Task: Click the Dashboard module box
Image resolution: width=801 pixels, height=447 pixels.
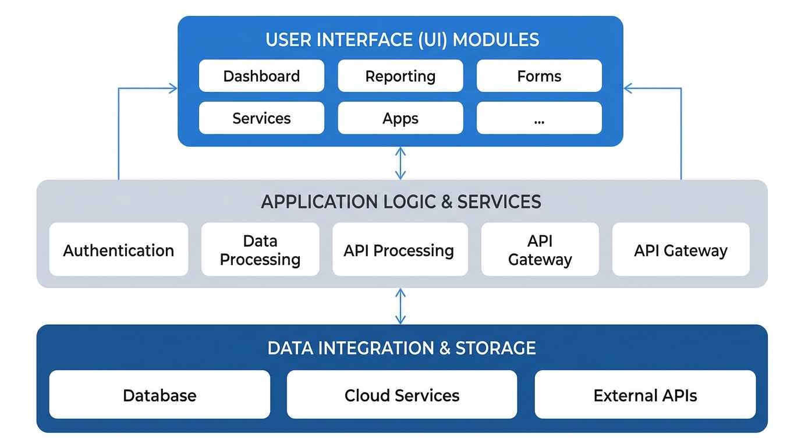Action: [261, 76]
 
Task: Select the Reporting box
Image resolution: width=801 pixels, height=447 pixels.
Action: [400, 76]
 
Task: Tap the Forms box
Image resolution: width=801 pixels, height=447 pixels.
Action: [539, 76]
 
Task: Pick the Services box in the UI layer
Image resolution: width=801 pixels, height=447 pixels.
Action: [261, 118]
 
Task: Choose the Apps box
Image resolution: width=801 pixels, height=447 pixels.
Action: [400, 118]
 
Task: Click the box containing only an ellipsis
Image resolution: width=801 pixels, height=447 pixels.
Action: [539, 118]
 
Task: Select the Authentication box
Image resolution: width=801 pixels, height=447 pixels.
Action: [119, 250]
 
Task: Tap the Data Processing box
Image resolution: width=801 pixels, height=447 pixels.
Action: [260, 250]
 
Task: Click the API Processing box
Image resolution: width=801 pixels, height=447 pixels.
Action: [399, 250]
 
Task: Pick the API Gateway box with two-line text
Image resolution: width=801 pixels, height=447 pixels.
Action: [540, 250]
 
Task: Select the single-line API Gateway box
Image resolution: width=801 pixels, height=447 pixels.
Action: [681, 250]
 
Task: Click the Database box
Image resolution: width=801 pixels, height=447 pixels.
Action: [160, 395]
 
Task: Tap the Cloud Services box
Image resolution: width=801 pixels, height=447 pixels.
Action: [402, 395]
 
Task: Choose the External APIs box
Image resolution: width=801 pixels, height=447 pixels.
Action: [645, 395]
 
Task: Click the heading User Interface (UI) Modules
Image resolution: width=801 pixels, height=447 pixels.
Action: [402, 40]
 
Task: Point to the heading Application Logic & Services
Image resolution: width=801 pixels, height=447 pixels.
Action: [401, 201]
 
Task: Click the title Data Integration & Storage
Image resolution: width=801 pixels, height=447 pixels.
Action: [402, 347]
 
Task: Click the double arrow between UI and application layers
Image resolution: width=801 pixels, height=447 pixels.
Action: [400, 163]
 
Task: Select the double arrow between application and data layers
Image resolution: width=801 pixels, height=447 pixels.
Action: [400, 306]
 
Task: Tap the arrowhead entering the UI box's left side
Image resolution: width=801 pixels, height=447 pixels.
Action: [173, 88]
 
